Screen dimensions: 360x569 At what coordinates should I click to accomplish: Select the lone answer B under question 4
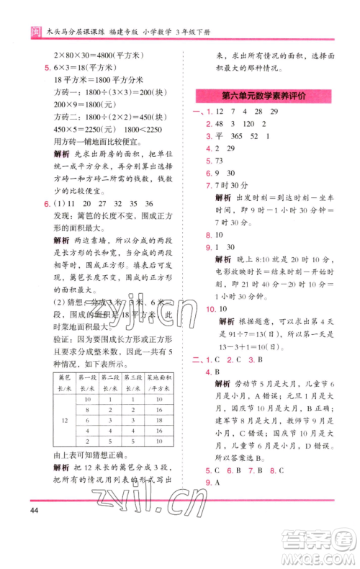217,372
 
